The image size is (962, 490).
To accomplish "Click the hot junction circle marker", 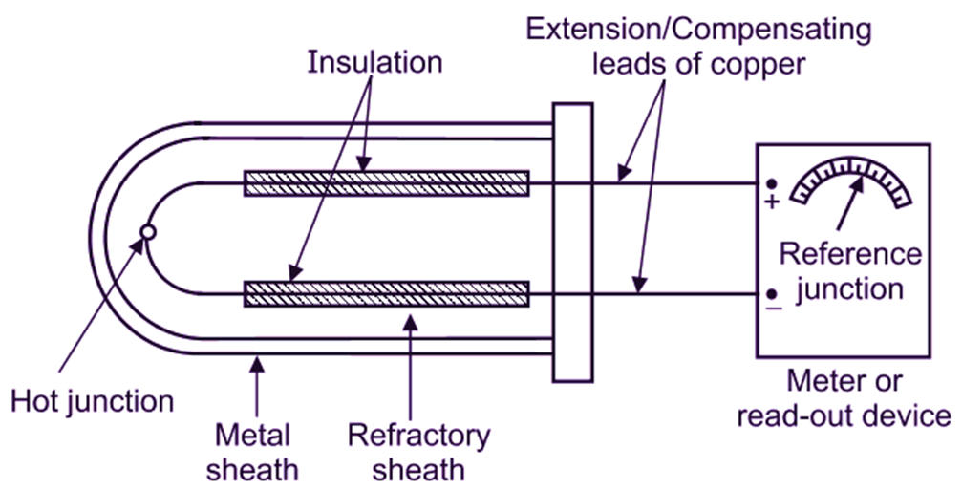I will pos(146,231).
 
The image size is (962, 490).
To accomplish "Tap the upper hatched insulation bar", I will pos(386,182).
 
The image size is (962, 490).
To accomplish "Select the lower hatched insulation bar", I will pos(386,293).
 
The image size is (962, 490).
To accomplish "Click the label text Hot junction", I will pos(92,400).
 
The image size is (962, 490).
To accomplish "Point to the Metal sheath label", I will pos(254,453).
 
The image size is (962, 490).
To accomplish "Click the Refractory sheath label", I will pos(417,453).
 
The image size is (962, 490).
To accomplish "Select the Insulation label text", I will pos(374,63).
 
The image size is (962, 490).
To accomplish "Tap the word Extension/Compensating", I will pos(699,30).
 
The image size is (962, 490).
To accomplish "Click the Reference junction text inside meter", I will pos(849,271).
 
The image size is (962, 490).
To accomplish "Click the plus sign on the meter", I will pos(772,202).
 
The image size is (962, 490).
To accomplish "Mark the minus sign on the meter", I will pos(771,308).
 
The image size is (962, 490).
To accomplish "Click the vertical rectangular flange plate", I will pos(572,243).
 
